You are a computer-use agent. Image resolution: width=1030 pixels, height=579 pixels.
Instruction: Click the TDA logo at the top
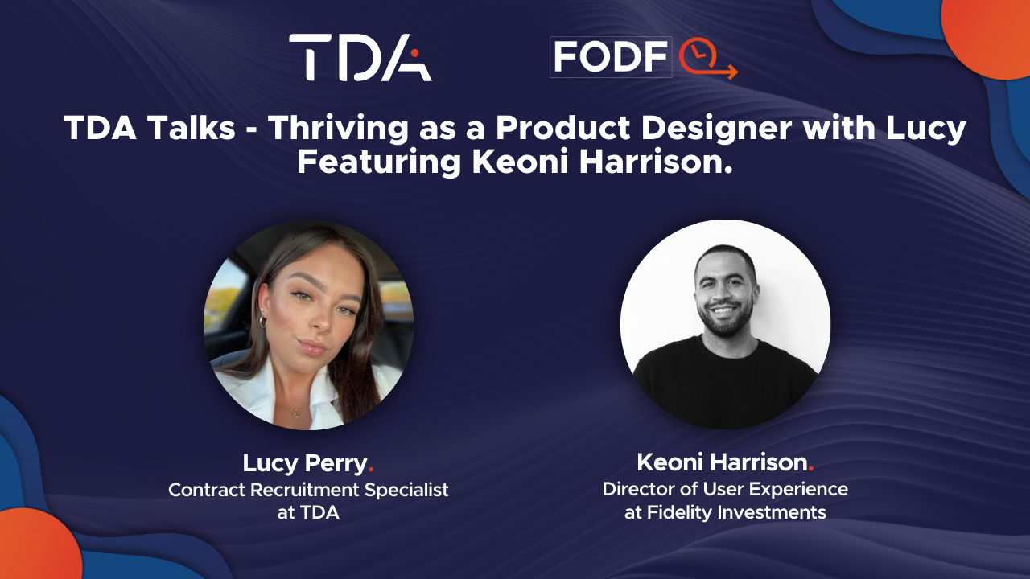360,57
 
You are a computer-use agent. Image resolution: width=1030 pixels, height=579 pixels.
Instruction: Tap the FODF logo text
611,56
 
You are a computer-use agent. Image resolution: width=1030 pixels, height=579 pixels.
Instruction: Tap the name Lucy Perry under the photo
304,463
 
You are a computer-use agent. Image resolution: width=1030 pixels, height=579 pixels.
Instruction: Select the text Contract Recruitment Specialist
308,490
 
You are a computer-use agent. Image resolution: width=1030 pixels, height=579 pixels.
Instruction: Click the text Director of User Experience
724,489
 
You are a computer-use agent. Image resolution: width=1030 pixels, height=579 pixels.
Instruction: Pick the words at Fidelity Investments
725,512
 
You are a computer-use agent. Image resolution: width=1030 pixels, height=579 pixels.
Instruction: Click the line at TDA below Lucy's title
308,513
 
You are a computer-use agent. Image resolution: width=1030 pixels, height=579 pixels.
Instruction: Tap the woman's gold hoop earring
262,321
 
